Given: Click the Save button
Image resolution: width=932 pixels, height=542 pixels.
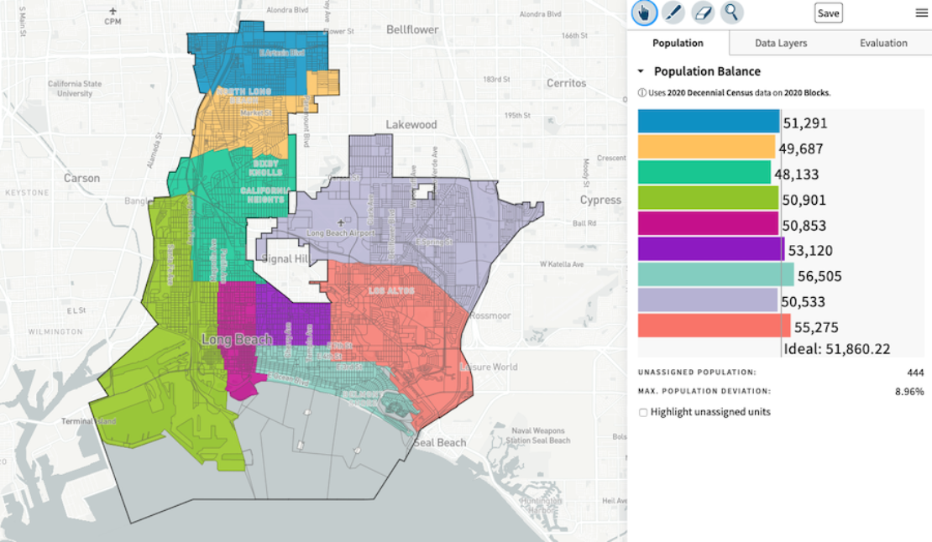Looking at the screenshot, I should (x=828, y=13).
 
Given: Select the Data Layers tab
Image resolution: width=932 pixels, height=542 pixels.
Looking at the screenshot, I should (x=780, y=43).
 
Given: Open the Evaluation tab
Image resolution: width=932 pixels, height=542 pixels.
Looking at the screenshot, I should (x=882, y=43).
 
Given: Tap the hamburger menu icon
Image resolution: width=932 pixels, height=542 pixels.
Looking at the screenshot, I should (x=921, y=13).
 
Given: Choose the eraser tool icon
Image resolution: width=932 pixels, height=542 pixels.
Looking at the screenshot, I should (x=702, y=13).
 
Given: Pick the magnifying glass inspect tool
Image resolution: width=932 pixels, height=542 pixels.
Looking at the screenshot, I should (x=731, y=13).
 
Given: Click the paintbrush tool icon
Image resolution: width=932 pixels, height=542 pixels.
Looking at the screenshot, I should (x=673, y=13).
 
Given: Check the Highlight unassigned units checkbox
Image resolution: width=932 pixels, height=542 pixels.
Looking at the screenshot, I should (x=643, y=412).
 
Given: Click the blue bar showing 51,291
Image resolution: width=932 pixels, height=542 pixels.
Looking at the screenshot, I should (x=709, y=122).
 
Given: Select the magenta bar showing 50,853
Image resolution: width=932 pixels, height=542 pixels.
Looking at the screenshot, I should (x=709, y=224).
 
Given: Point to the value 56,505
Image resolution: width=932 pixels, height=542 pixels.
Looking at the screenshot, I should (x=819, y=276).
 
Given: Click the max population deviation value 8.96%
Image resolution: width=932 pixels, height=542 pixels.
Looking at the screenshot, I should (x=908, y=391).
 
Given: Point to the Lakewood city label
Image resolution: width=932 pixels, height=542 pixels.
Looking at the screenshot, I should (x=411, y=124).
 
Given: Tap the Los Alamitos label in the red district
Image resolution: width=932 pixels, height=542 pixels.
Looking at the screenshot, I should (x=391, y=290).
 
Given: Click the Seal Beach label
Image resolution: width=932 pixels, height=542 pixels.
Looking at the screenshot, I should (x=439, y=442).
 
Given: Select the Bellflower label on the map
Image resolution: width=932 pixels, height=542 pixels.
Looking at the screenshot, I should (x=412, y=29).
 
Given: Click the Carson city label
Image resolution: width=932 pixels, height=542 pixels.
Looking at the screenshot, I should (x=81, y=178).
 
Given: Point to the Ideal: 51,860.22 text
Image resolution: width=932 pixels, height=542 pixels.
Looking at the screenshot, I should (x=836, y=349).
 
